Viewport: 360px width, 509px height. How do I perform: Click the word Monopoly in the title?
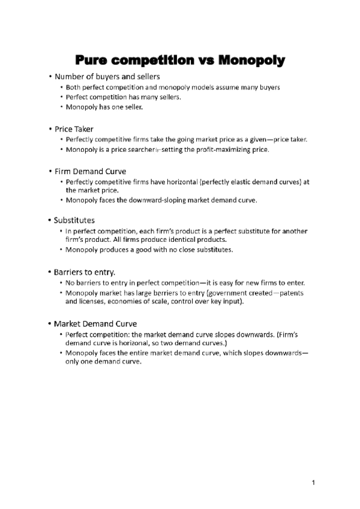pos(251,61)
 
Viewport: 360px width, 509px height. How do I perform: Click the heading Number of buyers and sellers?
pos(107,77)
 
